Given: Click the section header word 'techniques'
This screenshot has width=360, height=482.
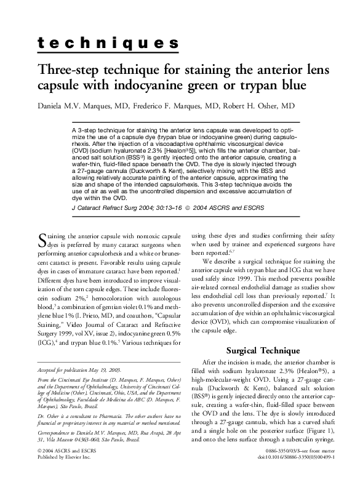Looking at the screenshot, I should pos(108,43).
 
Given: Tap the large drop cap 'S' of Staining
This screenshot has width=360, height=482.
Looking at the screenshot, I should pos(42,239).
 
